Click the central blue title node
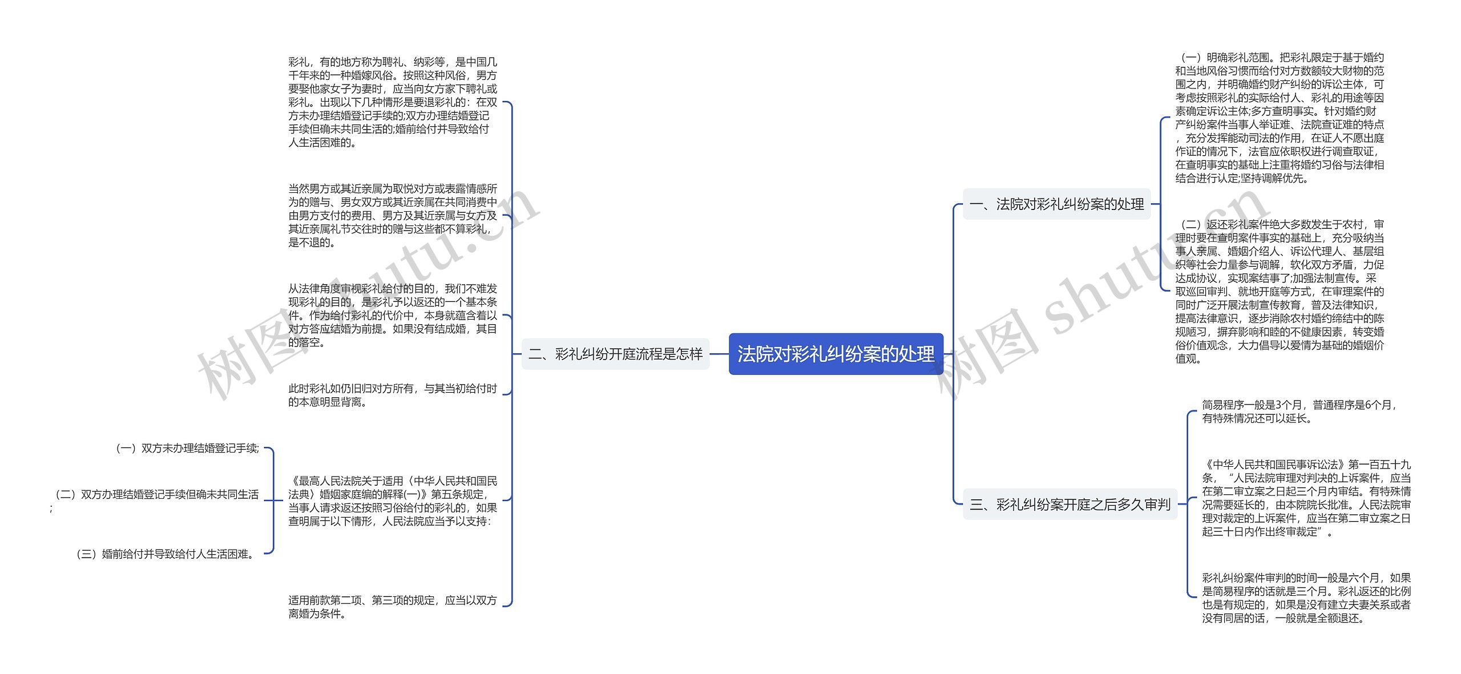pos(836,354)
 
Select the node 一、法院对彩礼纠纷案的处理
pos(1056,204)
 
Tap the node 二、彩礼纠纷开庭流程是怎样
pos(615,354)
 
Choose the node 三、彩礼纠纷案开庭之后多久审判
pos(1069,504)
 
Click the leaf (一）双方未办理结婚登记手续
pos(188,449)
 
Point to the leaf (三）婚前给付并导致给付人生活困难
pos(166,554)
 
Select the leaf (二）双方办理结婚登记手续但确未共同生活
pos(157,494)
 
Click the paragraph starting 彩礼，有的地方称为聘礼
pos(392,102)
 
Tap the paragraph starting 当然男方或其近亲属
pos(392,215)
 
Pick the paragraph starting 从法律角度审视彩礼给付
pos(392,315)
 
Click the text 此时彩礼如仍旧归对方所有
pos(392,395)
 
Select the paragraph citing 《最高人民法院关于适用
pos(392,501)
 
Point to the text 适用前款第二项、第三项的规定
pos(392,607)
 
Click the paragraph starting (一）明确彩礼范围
pos(1279,118)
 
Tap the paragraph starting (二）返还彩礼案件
pos(1279,291)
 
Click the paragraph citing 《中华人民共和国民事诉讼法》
pos(1306,498)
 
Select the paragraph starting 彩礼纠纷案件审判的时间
pos(1306,598)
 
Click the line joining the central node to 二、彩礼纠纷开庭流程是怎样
pos(719,354)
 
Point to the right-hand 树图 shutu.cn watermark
pos(1101,291)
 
